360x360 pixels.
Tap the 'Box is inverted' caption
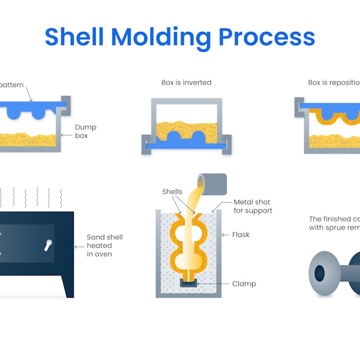(186, 83)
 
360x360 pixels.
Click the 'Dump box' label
(85, 131)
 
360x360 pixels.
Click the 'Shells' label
(172, 192)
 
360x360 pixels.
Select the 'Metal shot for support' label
(253, 206)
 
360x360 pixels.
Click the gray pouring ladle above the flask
(212, 183)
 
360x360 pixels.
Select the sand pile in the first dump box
(30, 140)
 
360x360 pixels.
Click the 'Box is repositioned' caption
(334, 83)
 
